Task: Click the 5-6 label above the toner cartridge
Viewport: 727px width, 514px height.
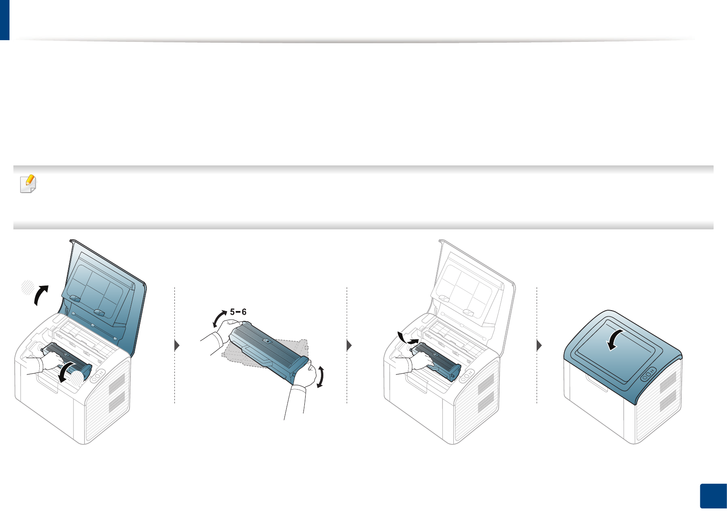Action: (238, 312)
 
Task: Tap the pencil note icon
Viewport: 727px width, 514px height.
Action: (28, 184)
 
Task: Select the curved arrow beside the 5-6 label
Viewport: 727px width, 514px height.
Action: (220, 319)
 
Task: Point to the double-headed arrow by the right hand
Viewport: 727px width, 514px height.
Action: (320, 376)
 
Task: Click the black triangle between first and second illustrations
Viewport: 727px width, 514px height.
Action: (177, 345)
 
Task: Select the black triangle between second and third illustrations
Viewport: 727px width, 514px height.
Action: (350, 345)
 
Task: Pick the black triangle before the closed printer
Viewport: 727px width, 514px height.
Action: (539, 345)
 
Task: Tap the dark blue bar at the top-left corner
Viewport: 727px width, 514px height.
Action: (4, 20)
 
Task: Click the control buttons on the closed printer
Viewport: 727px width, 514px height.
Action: (648, 374)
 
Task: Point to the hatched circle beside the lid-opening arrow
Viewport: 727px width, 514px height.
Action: (28, 287)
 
